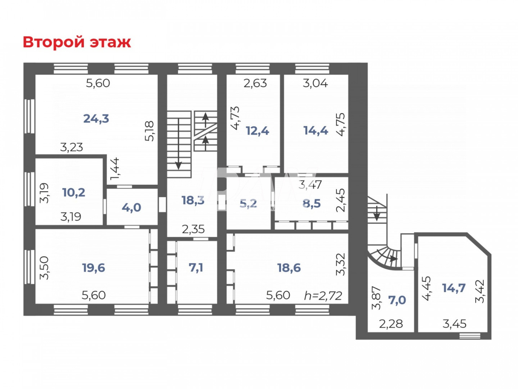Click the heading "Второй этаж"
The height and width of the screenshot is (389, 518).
(x=77, y=42)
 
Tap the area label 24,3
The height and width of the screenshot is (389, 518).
(x=96, y=119)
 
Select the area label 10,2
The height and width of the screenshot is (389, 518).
(x=74, y=192)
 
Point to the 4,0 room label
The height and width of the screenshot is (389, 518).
(x=131, y=207)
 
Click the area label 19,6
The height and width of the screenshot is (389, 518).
(x=93, y=268)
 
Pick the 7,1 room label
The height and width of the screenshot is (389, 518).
(x=196, y=268)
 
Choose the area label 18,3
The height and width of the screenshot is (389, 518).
(x=193, y=200)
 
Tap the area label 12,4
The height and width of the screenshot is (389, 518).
(x=257, y=131)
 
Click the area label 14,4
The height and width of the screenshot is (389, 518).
(x=316, y=130)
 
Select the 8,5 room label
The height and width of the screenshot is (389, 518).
(x=311, y=203)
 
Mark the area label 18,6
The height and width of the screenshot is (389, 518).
(x=289, y=268)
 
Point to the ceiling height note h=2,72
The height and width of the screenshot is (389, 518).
(x=323, y=296)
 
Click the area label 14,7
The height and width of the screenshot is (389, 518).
(x=454, y=288)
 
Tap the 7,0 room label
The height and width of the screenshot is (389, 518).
(x=397, y=300)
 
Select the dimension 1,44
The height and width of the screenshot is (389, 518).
(x=115, y=169)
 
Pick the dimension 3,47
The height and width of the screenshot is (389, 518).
(x=310, y=185)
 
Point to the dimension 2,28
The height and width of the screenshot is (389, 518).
(x=391, y=324)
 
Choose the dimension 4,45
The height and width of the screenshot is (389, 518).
(x=427, y=288)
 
